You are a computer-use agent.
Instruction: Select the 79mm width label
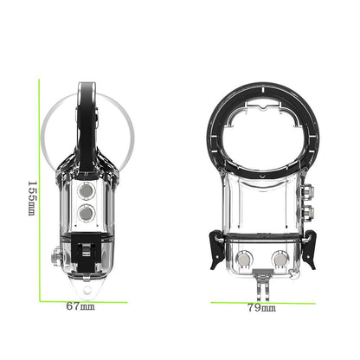click(262, 308)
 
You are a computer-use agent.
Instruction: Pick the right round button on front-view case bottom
click(280, 258)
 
